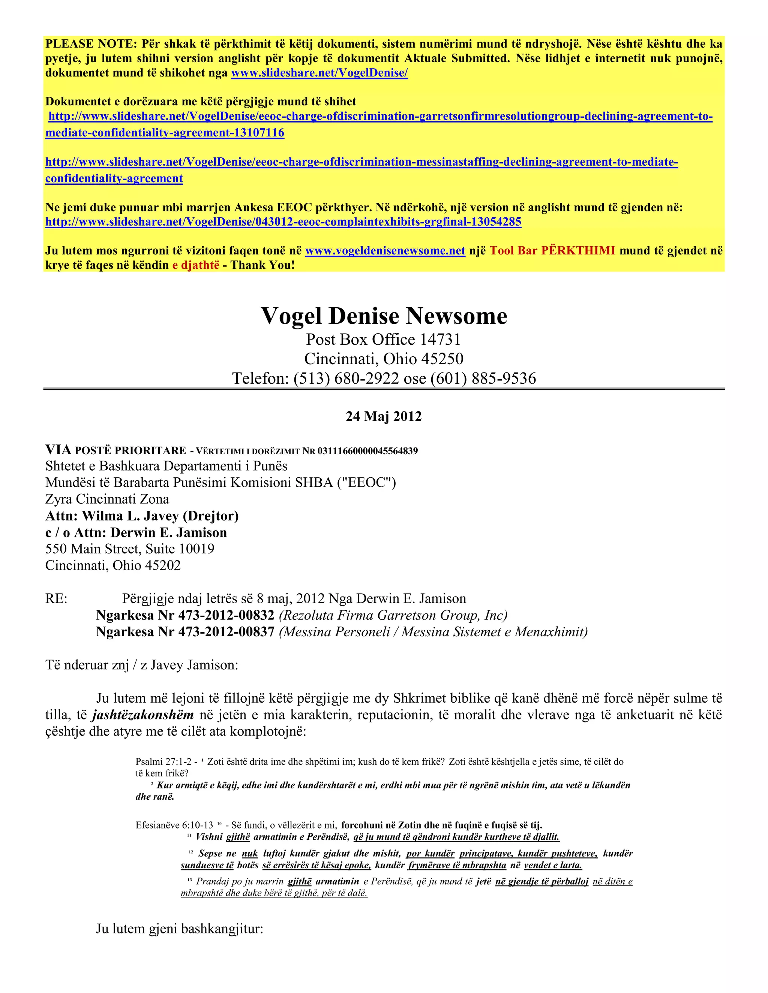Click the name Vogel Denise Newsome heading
coord(384,316)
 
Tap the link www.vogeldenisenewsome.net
coord(385,251)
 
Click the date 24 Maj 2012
coord(384,416)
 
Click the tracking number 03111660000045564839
coord(367,451)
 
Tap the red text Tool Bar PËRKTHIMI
coord(552,251)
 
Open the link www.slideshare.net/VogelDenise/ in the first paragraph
coord(319,73)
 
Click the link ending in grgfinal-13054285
coord(283,222)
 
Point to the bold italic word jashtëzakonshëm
coord(143,715)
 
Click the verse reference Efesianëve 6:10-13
coord(174,825)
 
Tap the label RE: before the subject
coord(56,599)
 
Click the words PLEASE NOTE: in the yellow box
coord(91,44)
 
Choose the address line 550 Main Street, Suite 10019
coord(130,549)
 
